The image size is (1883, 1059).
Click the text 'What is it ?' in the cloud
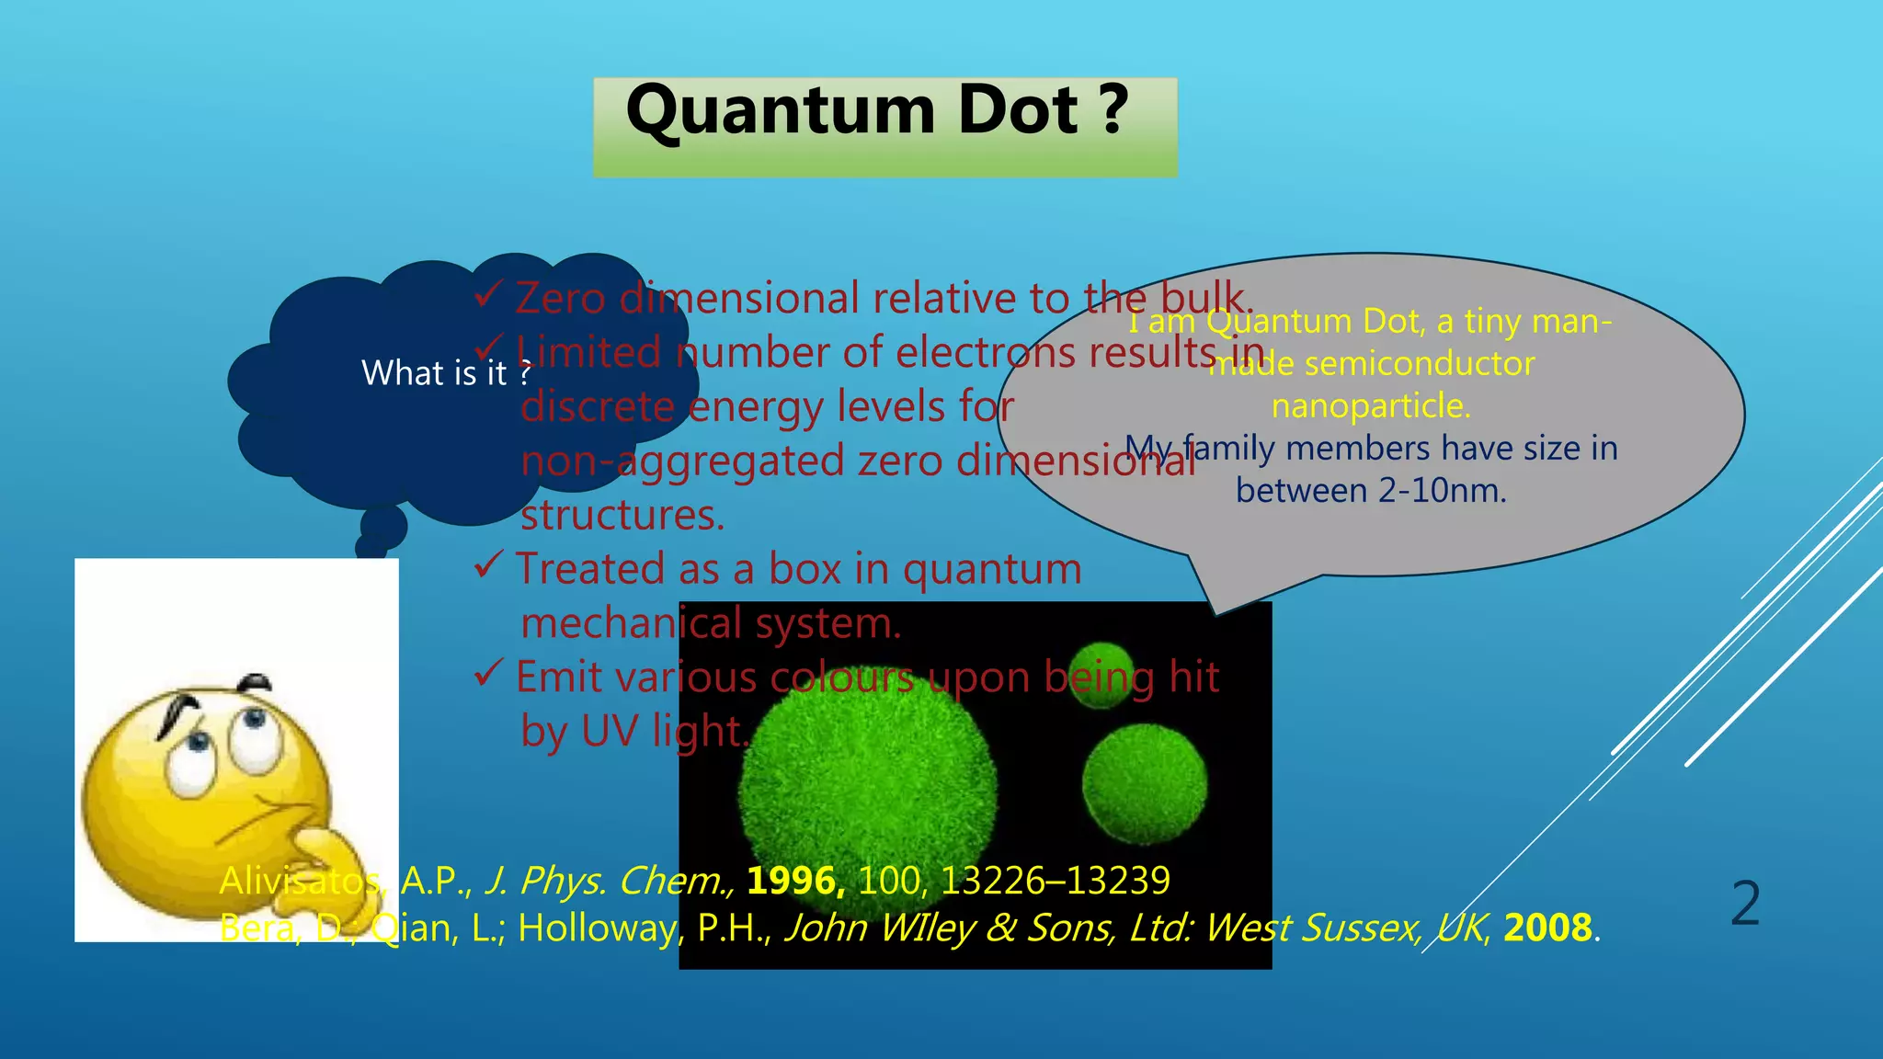446,373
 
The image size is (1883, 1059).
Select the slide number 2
1744,904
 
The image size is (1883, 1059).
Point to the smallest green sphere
1101,676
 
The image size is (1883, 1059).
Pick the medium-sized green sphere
1144,783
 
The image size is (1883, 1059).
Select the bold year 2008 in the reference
1547,928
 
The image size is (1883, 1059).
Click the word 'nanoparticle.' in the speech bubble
1371,405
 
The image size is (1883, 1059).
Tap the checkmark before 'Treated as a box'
487,564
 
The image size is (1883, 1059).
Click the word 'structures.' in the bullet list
622,515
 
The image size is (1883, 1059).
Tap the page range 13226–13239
1055,881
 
